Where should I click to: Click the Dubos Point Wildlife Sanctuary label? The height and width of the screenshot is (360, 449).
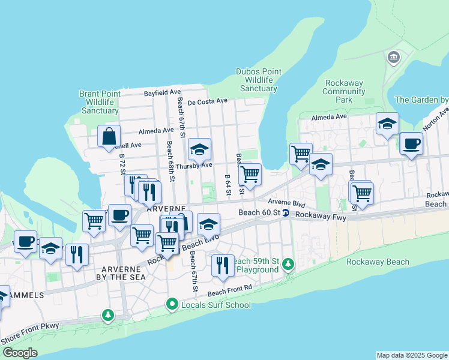259,79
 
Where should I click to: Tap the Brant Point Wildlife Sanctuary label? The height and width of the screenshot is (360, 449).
100,102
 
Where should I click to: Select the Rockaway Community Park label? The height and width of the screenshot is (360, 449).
344,91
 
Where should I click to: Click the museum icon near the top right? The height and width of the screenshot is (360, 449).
394,58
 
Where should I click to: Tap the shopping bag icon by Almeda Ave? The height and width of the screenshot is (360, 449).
109,136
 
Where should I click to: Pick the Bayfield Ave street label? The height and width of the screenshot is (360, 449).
163,93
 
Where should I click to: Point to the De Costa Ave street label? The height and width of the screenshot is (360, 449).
208,101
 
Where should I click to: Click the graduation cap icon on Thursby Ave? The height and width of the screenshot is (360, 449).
200,149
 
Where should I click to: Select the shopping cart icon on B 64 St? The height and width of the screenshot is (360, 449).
250,175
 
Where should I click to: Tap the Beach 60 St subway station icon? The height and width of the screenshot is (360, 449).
286,213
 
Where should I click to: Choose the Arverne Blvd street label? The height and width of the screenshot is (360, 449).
286,203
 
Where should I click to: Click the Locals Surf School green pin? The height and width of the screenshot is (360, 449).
173,305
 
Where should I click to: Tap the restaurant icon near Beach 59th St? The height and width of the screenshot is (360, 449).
223,265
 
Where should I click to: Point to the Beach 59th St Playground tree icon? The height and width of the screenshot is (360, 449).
288,264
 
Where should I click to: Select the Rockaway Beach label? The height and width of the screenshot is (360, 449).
378,262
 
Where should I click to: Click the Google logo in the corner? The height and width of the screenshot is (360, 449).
20,353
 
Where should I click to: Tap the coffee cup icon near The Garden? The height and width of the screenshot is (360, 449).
411,144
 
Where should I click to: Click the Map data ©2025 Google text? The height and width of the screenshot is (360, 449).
411,355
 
